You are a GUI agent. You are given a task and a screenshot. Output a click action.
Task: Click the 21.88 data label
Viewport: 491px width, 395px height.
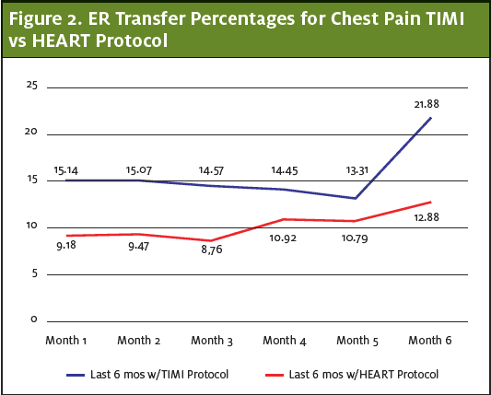coord(427,104)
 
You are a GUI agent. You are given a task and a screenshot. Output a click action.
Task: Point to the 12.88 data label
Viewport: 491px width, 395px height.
coord(427,217)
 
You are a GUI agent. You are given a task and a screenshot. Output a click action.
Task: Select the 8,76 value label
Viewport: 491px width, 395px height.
coord(212,250)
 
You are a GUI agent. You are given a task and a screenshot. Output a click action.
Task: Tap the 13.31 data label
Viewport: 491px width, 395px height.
coord(357,170)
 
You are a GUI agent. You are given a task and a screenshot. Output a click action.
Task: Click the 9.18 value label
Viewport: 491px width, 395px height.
coord(66,246)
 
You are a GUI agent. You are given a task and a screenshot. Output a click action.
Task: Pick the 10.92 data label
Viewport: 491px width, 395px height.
coord(283,238)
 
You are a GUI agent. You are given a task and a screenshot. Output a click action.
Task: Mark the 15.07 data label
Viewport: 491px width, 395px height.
coord(139,170)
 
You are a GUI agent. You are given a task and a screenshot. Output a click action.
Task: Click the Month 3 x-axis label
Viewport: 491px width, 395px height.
coord(212,341)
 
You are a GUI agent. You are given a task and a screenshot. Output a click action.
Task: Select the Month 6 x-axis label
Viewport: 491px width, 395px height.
coord(430,341)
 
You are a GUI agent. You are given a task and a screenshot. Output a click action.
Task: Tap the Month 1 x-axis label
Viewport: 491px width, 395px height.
coord(66,341)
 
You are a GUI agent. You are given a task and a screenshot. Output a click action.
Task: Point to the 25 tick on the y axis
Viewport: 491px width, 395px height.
coord(31,85)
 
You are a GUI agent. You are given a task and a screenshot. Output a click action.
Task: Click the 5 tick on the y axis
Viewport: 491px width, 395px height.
coord(34,273)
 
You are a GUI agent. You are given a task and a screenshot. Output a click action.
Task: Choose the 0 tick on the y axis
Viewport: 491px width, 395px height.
coord(34,319)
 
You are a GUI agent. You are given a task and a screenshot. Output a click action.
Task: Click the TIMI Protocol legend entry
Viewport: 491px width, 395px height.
coord(147,375)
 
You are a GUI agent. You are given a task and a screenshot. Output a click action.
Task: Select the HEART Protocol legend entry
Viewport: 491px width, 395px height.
coord(352,375)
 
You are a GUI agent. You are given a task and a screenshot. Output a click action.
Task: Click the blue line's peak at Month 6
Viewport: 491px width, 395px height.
coord(431,118)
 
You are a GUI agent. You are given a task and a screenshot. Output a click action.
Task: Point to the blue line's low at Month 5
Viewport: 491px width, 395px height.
coord(356,198)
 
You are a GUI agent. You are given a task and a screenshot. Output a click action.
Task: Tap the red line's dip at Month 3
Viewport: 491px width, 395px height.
coord(211,240)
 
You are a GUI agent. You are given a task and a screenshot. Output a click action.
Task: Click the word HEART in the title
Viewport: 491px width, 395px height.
coord(62,41)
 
